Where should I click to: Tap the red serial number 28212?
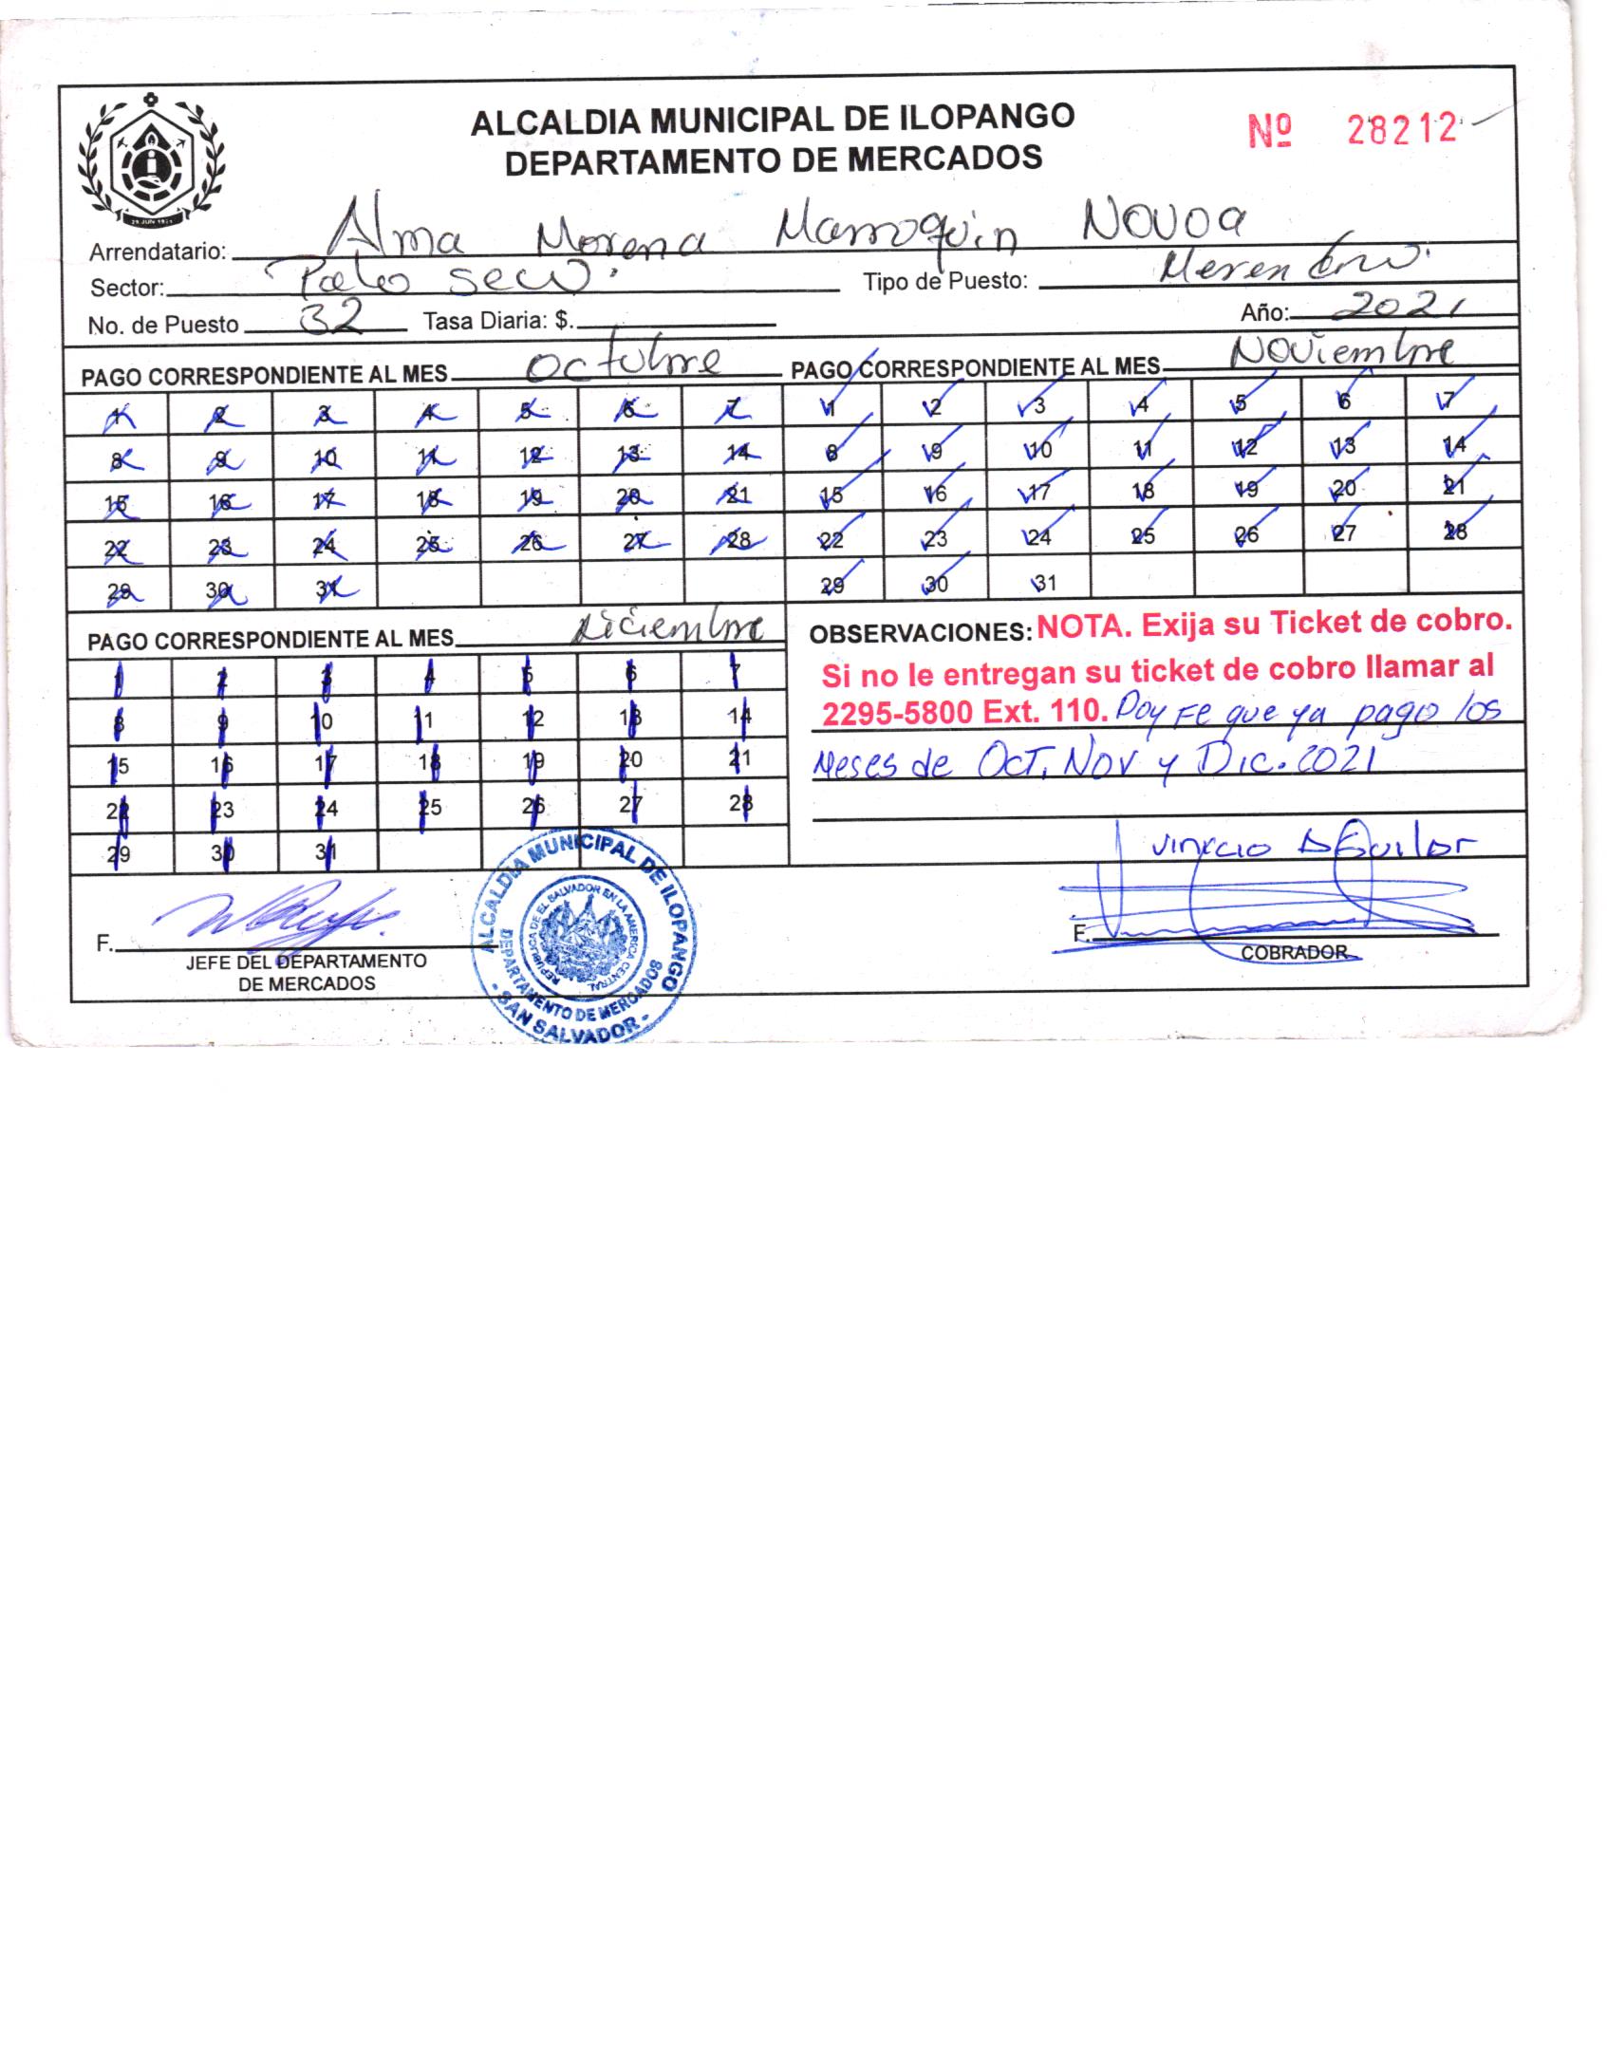tap(1401, 129)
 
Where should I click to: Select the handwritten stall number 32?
tap(328, 318)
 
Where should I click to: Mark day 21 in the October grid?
tap(736, 494)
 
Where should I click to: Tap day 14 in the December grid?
tap(739, 717)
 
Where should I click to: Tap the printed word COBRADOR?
tap(1293, 952)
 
